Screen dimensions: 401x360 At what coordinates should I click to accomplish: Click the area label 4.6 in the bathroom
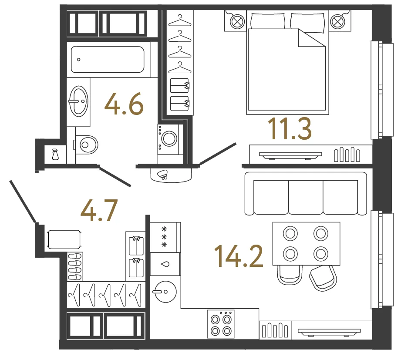click(124, 104)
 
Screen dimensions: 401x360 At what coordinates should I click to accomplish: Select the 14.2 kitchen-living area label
click(239, 256)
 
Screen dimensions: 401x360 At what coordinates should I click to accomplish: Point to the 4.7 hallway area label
click(99, 210)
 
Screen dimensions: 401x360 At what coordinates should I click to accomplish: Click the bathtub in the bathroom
click(108, 59)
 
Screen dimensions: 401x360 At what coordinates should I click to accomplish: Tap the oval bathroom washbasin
click(78, 101)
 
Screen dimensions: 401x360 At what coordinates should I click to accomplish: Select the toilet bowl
click(87, 145)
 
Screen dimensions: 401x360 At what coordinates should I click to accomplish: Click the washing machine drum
click(169, 138)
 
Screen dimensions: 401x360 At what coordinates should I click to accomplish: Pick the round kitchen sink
click(165, 292)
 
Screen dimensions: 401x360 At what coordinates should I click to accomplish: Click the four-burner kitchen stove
click(220, 324)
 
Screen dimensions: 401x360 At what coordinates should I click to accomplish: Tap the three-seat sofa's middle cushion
click(306, 197)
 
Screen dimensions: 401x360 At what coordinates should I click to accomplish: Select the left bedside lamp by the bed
click(237, 21)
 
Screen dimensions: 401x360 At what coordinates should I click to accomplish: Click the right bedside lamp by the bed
click(337, 21)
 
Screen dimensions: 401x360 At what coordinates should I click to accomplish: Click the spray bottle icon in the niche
click(55, 155)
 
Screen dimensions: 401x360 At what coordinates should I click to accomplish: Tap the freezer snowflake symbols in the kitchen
click(164, 236)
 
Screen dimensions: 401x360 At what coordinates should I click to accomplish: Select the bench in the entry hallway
click(64, 239)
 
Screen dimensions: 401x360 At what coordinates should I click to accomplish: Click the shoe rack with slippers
click(75, 266)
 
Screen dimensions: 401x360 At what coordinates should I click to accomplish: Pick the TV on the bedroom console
click(290, 155)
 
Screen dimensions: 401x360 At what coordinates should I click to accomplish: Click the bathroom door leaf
click(115, 177)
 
